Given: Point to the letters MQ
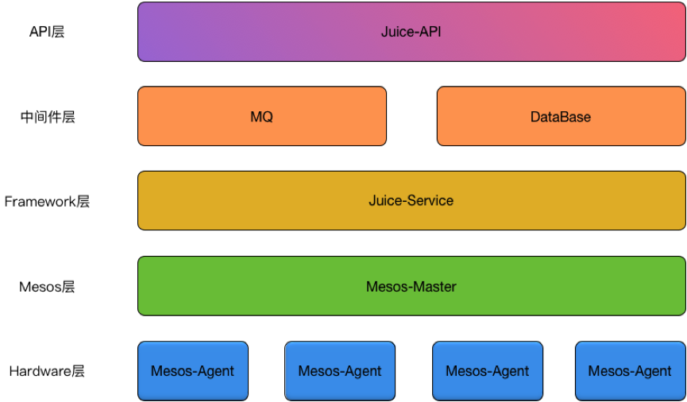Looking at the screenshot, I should coord(261,117).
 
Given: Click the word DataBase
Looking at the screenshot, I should coord(561,117).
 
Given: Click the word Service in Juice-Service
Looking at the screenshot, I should coord(430,201).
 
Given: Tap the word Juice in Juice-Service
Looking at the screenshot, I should coord(385,201).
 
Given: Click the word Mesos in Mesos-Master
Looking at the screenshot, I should coord(385,287).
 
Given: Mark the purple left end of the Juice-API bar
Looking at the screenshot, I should coord(155,32).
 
